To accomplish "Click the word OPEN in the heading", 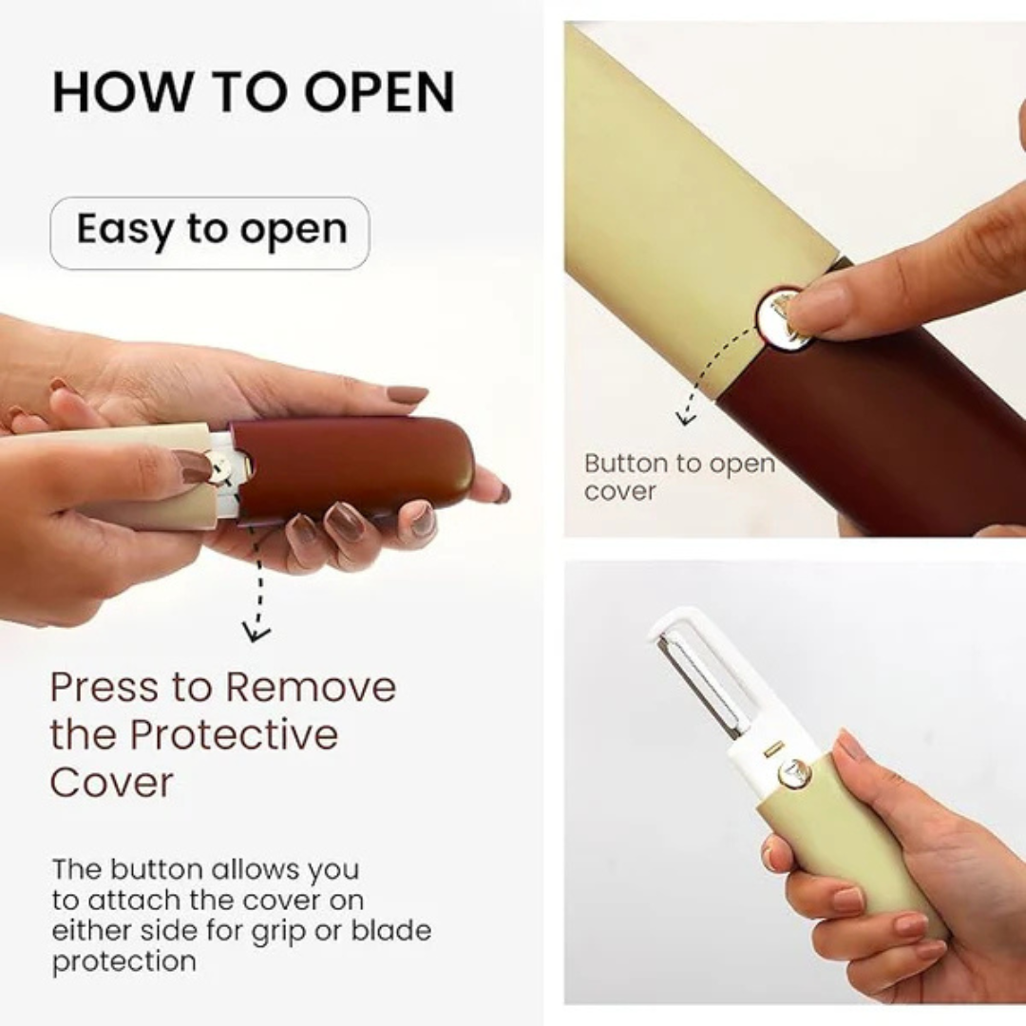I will [x=380, y=92].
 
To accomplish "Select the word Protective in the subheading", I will [x=234, y=735].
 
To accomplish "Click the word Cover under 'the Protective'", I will [x=111, y=783].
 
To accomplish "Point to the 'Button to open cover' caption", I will [x=678, y=477].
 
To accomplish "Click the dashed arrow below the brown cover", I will [x=254, y=584].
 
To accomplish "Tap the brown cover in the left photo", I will [x=361, y=465].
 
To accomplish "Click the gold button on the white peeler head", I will [x=794, y=772].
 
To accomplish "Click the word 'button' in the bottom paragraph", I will [x=156, y=869].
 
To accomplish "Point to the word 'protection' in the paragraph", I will [x=123, y=960].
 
